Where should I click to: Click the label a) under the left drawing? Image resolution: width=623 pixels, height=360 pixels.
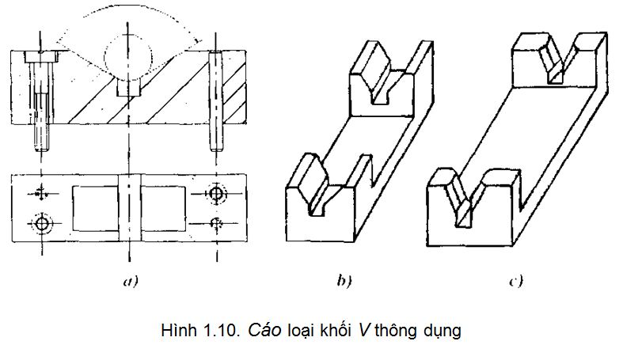click(x=131, y=282)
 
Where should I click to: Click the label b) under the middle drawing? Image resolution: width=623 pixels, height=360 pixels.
click(x=344, y=281)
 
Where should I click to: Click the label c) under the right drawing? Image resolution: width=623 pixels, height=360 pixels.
click(x=515, y=282)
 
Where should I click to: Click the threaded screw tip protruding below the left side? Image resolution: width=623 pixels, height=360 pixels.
click(x=42, y=138)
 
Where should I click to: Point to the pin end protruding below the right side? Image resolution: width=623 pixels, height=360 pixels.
click(x=216, y=138)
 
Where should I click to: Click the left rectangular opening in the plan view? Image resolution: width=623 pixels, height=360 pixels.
click(x=95, y=208)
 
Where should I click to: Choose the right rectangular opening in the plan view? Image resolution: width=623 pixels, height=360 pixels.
click(x=163, y=208)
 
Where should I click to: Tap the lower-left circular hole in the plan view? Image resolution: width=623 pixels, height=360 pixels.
click(x=41, y=223)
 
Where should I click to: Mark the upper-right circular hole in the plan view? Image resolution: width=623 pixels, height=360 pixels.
click(x=217, y=194)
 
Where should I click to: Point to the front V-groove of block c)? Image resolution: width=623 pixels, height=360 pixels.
click(x=465, y=199)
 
